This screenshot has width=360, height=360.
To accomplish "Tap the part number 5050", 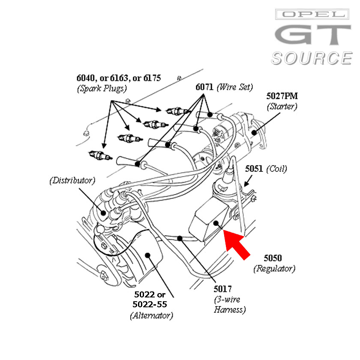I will tap(273, 258).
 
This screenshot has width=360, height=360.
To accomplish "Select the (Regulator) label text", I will tap(274, 269).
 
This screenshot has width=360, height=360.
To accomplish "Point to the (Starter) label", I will tap(282, 106).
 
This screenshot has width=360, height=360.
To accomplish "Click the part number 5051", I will tap(254, 169).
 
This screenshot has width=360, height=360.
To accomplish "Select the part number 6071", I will tap(204, 87).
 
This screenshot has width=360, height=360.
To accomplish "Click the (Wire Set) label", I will tap(234, 87).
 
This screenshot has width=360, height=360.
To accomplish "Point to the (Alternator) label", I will tap(151, 316).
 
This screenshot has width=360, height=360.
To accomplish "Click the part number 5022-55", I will tap(150, 305).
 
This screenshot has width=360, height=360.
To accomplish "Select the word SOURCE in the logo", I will tap(311, 58).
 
